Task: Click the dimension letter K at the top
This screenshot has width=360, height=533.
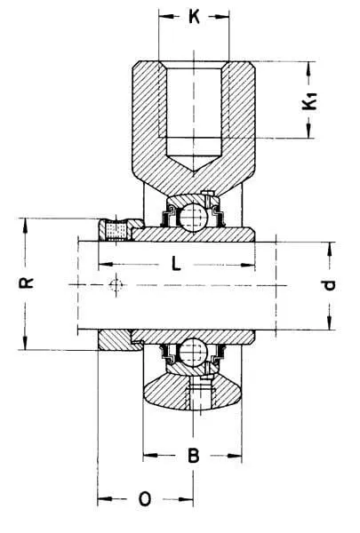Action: (x=194, y=16)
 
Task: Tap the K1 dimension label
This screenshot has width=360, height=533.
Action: (x=310, y=101)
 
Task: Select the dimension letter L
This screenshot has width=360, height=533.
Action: (x=176, y=264)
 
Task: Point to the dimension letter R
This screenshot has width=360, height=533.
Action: (x=26, y=282)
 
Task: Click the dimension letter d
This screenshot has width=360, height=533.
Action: (x=329, y=285)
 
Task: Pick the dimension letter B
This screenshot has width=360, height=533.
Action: (x=194, y=456)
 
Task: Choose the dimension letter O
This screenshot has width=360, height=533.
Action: (x=145, y=499)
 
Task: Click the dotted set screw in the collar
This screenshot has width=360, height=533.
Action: (x=116, y=230)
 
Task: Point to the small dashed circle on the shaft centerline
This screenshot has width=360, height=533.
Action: (x=116, y=284)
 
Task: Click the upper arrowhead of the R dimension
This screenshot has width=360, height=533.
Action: (x=25, y=226)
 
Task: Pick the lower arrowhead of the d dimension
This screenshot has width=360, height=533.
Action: (x=330, y=323)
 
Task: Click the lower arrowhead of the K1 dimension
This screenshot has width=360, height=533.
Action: (x=308, y=131)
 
